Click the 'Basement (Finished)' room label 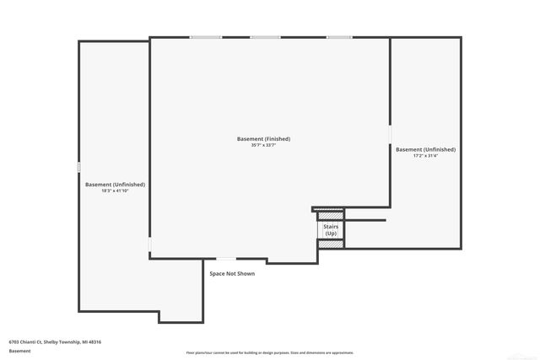click(263, 138)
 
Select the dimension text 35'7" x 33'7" click(263, 146)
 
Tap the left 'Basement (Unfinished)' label click(115, 184)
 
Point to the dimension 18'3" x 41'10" click(115, 191)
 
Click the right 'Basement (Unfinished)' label click(425, 149)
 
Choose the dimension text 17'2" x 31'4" click(425, 156)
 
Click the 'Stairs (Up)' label click(331, 229)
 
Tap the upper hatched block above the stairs click(331, 216)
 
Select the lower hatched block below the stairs click(331, 244)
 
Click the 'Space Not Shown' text click(232, 273)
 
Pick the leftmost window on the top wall click(206, 37)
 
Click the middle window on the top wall click(265, 37)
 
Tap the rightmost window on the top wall click(339, 37)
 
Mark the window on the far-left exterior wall click(78, 168)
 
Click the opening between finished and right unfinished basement click(390, 135)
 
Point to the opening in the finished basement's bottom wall click(226, 258)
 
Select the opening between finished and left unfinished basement click(150, 245)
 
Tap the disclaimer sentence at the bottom click(269, 352)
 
